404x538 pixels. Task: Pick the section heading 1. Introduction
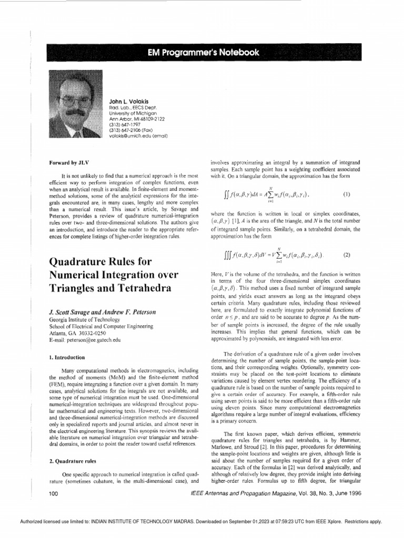(67, 357)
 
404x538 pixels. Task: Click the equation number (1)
(347, 194)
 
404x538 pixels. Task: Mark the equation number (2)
(347, 255)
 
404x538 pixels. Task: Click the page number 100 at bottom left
(53, 494)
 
